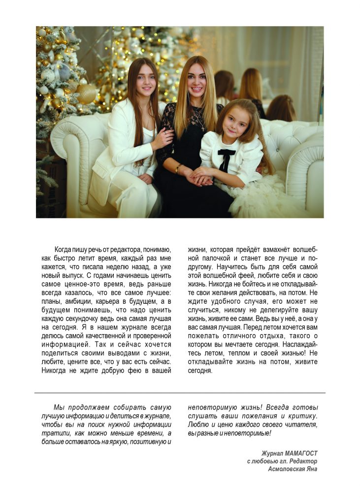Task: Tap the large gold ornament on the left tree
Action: click(x=86, y=94)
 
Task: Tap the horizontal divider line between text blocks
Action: click(x=180, y=393)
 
